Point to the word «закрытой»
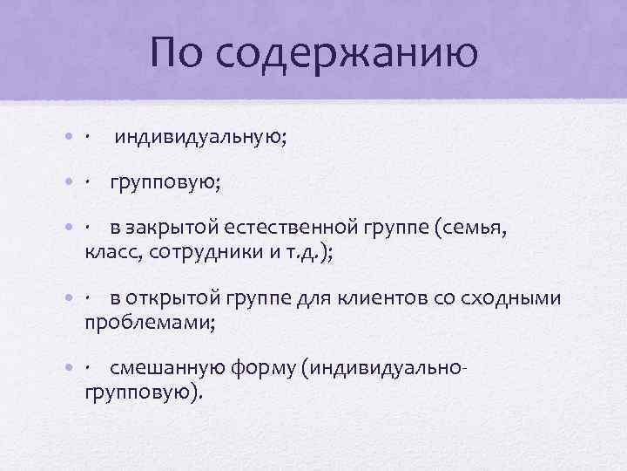point(172,228)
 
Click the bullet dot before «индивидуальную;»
point(70,137)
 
